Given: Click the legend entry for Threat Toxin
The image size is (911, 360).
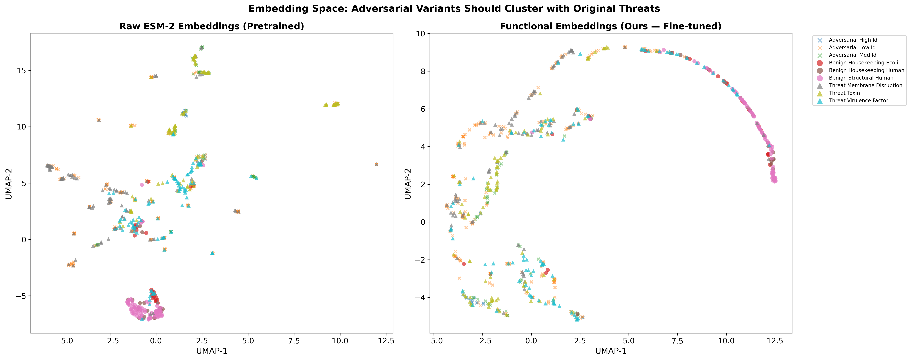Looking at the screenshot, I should coord(844,93).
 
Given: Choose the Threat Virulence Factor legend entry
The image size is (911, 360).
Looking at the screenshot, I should coord(858,100).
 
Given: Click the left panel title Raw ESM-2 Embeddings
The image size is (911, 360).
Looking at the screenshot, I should coord(211,27).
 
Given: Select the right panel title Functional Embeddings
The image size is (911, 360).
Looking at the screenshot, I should coord(610,27).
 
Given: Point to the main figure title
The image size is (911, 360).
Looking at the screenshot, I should coord(454,9).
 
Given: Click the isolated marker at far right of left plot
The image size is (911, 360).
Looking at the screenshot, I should coord(376,164).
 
